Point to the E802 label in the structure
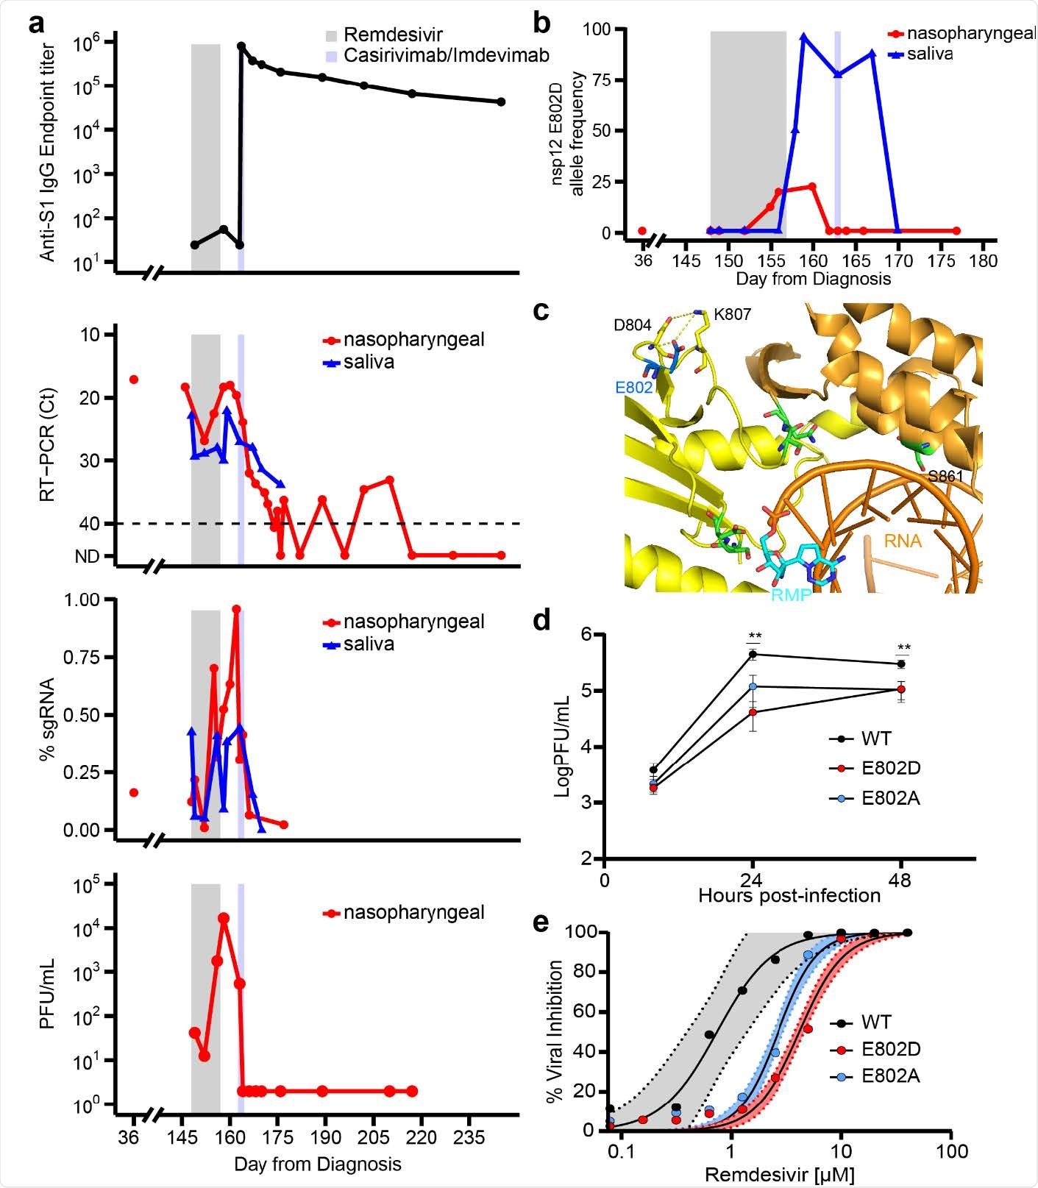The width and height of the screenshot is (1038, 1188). [x=634, y=387]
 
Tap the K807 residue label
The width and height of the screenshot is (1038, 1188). [x=732, y=315]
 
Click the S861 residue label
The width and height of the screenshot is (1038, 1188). [x=945, y=476]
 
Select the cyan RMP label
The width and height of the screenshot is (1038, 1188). [x=791, y=595]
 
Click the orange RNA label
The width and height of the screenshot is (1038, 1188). [x=903, y=541]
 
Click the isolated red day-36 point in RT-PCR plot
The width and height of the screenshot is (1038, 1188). [x=134, y=380]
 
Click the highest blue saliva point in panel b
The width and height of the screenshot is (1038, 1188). [x=805, y=36]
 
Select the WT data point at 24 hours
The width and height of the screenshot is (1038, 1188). [x=753, y=654]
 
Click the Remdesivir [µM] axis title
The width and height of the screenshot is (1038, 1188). [x=780, y=1175]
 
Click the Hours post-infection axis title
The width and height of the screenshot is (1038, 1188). [x=789, y=895]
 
